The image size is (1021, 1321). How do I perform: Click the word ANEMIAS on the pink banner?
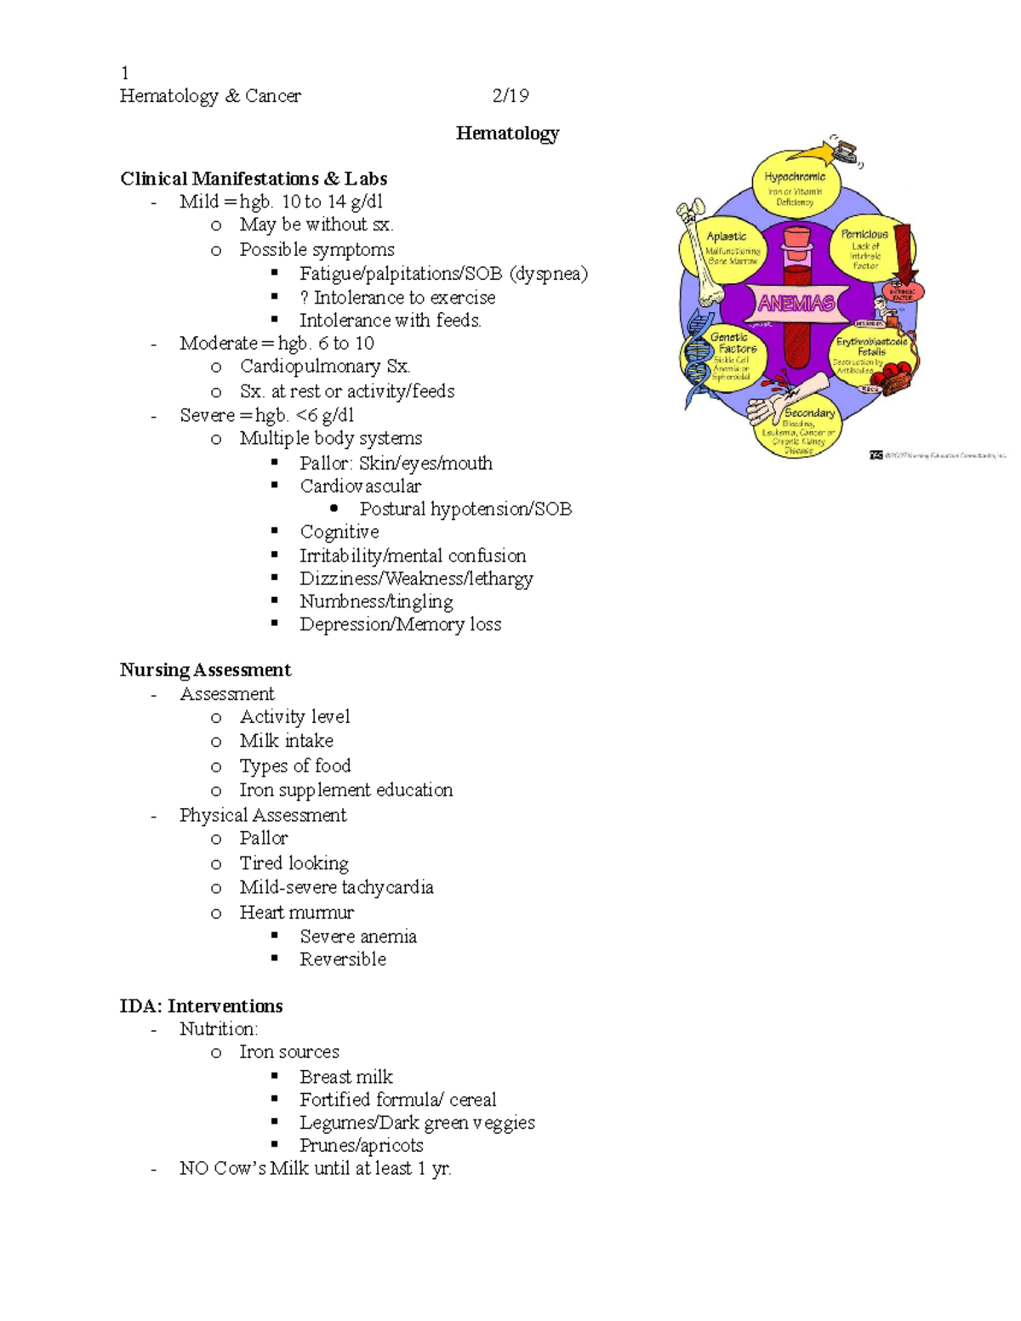[796, 303]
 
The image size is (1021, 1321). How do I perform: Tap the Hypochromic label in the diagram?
[795, 177]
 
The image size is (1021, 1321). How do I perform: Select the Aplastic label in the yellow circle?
[727, 236]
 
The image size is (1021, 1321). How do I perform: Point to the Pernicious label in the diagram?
[864, 234]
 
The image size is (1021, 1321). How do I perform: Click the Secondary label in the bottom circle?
[809, 413]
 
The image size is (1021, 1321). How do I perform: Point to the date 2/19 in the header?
[510, 95]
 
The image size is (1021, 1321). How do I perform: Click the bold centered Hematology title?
[507, 133]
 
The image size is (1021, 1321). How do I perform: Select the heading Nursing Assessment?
[205, 669]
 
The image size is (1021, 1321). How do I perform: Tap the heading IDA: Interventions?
[201, 1005]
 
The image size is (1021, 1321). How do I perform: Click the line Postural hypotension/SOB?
[465, 509]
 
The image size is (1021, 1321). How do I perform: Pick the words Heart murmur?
[296, 912]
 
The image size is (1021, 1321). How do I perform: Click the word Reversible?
[343, 959]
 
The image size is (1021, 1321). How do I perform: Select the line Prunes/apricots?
[361, 1145]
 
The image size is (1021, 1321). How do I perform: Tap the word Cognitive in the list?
[339, 532]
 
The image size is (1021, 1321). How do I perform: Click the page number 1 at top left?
[124, 73]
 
